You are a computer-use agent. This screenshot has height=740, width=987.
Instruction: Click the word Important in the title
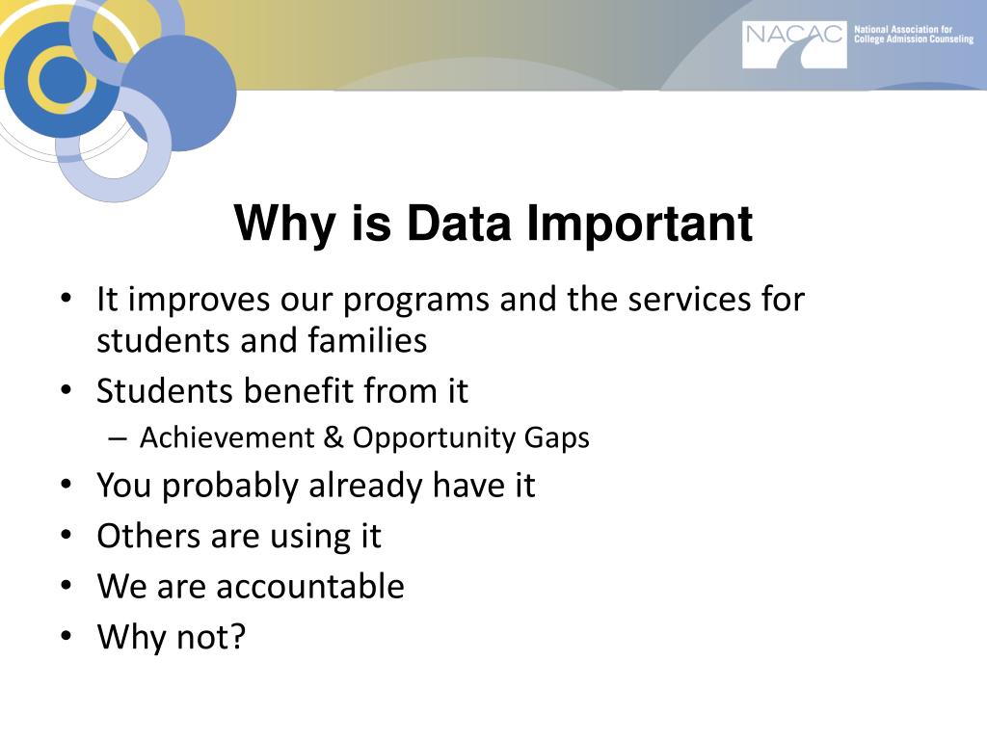click(x=640, y=224)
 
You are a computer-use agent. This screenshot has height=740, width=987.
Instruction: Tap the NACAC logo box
click(x=794, y=44)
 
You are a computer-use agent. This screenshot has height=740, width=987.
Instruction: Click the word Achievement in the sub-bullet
click(x=227, y=438)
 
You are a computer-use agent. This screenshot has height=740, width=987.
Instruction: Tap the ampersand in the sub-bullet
click(x=333, y=438)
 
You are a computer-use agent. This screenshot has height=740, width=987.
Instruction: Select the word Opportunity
click(x=434, y=438)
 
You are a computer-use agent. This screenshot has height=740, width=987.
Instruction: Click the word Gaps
click(x=557, y=438)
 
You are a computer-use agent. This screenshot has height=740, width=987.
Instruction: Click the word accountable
click(x=309, y=586)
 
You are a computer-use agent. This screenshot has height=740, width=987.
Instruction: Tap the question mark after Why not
click(x=237, y=636)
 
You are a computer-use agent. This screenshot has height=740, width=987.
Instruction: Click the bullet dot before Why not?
click(x=65, y=636)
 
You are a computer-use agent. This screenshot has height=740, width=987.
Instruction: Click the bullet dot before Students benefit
click(x=65, y=391)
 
